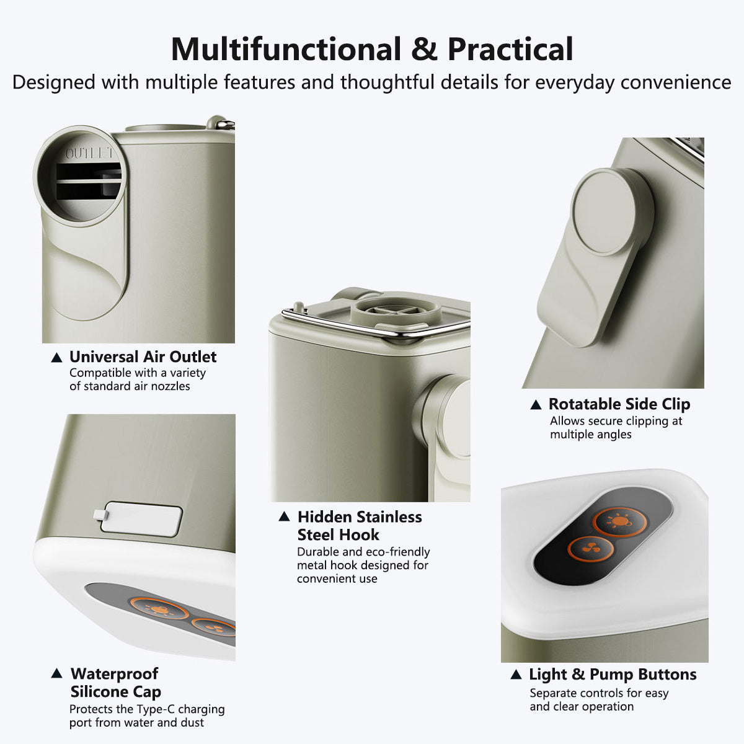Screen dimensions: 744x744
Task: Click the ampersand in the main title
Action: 424,50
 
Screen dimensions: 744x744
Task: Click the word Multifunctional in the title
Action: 286,50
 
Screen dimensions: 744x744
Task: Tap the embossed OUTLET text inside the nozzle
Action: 89,153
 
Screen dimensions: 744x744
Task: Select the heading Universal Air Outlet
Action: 143,356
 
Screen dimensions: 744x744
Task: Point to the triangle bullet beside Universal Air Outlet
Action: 57,358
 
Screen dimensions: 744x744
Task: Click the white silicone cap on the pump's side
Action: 138,518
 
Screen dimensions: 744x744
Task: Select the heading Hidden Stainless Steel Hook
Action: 360,526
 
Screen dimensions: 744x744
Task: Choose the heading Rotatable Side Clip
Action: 619,404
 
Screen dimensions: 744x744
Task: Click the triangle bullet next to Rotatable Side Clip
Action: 536,405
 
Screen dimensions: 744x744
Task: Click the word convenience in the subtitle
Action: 675,82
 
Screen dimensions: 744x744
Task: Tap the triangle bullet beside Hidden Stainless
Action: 284,516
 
